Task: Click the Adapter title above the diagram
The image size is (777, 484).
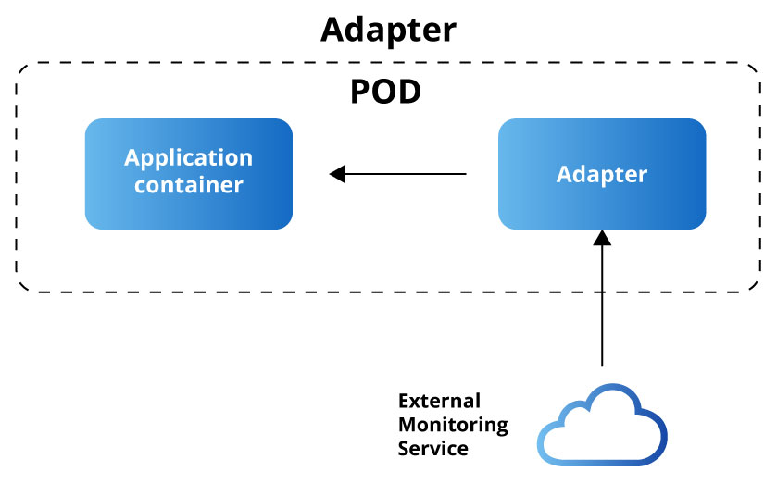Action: coord(388,30)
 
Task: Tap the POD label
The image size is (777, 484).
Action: coord(385,92)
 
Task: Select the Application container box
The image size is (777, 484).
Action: coord(189,173)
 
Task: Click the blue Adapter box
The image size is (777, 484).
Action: coord(602,173)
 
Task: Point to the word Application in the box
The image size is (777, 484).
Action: coord(188,157)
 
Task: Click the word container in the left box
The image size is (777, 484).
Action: coord(188,185)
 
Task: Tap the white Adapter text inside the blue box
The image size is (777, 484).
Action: coord(602,174)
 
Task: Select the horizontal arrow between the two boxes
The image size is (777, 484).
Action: coord(398,173)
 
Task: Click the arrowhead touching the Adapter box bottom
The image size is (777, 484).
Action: coord(603,238)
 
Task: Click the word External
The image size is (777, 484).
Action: coord(439,402)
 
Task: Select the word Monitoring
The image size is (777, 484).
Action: coord(453,425)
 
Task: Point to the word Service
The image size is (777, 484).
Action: coord(432,449)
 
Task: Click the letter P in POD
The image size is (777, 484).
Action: coord(361,92)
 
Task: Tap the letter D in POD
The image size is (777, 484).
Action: coord(409,92)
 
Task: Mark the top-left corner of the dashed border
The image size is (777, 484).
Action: coord(19,65)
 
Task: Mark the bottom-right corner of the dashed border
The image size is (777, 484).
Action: coord(758,291)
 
